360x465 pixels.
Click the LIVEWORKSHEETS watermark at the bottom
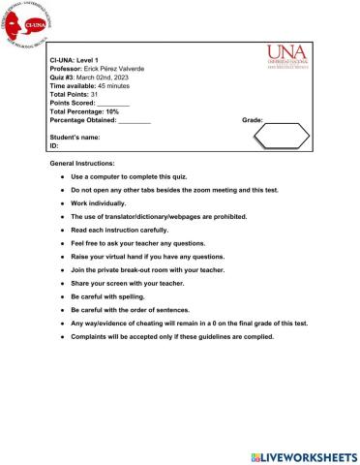coord(304,455)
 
